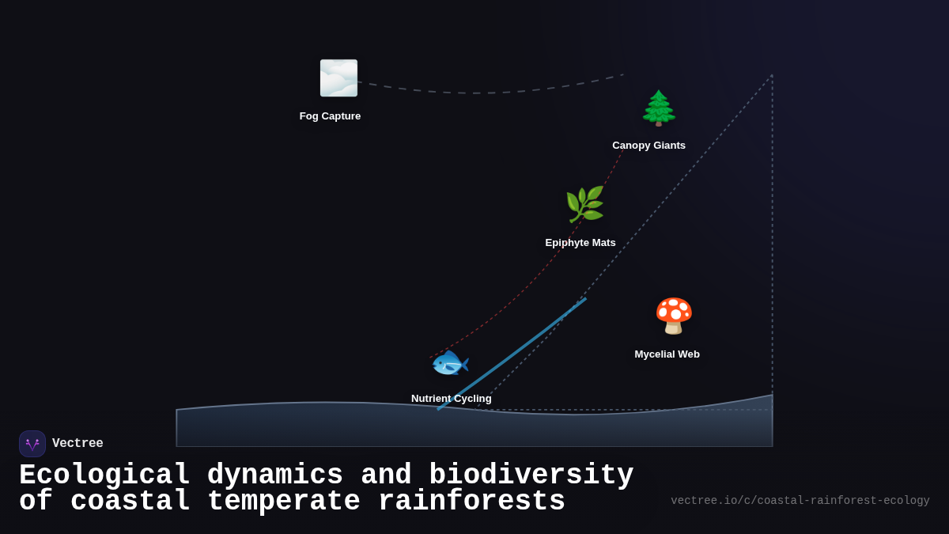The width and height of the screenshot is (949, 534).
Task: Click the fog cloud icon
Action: (338, 78)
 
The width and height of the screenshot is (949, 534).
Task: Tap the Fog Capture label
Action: (330, 116)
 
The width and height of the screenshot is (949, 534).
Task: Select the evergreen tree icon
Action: (659, 108)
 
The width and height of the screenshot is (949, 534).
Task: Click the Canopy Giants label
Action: (648, 146)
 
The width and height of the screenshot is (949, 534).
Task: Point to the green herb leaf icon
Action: (584, 205)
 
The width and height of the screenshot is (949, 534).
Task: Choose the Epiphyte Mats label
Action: (580, 243)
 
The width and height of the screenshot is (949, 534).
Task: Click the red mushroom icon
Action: (674, 316)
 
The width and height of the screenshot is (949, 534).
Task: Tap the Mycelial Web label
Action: (667, 354)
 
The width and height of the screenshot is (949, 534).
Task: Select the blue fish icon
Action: (450, 364)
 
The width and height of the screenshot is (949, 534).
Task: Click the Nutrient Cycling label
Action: (451, 399)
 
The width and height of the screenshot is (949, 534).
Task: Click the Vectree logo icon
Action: (32, 444)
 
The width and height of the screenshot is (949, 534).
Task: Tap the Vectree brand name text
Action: (78, 444)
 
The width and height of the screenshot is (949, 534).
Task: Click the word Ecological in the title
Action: (104, 475)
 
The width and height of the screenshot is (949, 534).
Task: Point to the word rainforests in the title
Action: (471, 502)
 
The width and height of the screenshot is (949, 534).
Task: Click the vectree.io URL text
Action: (800, 501)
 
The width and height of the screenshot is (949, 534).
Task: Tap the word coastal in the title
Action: (130, 502)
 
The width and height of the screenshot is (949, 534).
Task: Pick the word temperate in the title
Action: (283, 502)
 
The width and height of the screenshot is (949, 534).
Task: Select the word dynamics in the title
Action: (274, 475)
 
